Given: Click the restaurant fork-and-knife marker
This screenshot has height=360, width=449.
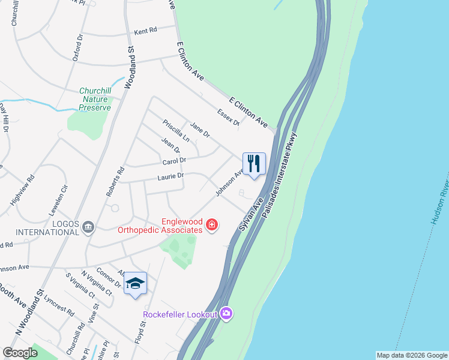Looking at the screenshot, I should click(254, 163).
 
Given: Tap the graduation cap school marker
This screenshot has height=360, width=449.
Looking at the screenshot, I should click(135, 284).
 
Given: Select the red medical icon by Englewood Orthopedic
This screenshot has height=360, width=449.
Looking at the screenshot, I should click(211, 226).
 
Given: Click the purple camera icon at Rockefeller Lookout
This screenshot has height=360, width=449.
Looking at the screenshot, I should click(226, 313).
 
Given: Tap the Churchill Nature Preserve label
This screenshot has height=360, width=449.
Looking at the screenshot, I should click(95, 100).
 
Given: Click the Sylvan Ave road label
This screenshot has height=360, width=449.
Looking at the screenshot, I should click(250, 217).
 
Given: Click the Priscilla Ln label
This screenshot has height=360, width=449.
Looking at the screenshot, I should click(176, 130).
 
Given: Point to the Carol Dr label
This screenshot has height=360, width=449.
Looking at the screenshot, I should click(174, 161).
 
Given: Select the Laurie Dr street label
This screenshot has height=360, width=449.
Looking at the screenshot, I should click(170, 176).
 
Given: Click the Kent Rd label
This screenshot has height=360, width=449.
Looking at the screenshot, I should click(145, 31).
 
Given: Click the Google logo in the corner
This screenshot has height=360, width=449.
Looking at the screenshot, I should click(20, 353).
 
